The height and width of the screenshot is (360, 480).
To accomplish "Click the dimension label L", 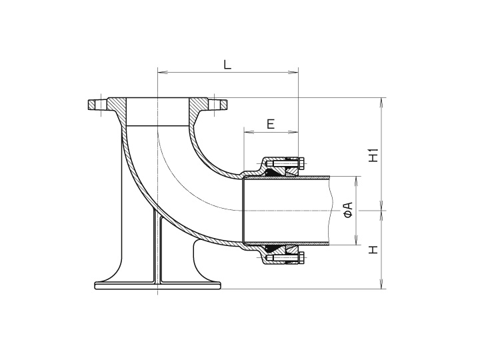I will point(227,65).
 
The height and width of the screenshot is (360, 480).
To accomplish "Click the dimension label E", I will point(271,123).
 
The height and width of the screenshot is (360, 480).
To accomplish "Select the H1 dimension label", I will point(375,155).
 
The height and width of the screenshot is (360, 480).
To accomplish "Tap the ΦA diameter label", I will point(347,210).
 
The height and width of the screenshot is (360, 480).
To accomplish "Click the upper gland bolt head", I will point(301,164).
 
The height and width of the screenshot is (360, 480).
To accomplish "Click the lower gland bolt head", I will point(301,257).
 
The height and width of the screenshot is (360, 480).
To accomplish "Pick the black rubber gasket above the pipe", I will point(273,172).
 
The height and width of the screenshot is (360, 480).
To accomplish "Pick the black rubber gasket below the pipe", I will point(273,249).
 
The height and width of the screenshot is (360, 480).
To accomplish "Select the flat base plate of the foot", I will point(157,286).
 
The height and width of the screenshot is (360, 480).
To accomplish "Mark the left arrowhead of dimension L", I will point(160,71).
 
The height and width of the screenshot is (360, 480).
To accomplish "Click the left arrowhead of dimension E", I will point(247,132).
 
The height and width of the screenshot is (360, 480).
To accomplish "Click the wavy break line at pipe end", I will point(331,210).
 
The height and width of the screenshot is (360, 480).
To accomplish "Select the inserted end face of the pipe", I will point(244,210).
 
